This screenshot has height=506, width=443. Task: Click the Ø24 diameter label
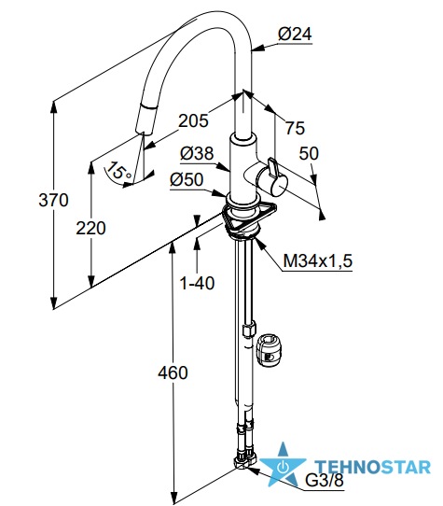tap(295, 35)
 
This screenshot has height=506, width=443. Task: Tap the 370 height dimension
tap(53, 200)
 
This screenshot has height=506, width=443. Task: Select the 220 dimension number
tap(90, 228)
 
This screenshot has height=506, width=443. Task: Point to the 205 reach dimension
tap(193, 121)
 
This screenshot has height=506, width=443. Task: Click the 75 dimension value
tap(295, 128)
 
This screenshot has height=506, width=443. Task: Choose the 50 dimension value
tap(309, 154)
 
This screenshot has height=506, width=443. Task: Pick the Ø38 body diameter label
tap(197, 153)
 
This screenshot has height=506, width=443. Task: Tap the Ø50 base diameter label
tap(187, 179)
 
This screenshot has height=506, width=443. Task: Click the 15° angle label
tap(119, 171)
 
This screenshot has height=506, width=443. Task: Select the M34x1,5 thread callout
tap(318, 260)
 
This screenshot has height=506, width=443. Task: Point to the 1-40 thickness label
tap(197, 283)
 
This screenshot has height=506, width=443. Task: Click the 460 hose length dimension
tap(173, 373)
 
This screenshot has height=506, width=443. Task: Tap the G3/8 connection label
tap(325, 481)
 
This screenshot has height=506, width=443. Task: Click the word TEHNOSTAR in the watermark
tap(372, 467)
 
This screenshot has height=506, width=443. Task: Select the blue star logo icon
tap(283, 464)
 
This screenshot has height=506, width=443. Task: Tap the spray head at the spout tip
tap(145, 119)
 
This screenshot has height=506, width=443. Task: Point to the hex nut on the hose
tap(249, 330)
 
